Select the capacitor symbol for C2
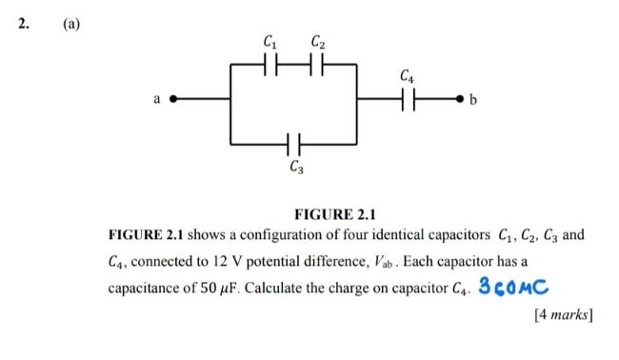[x=319, y=66]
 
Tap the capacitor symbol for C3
[x=294, y=145]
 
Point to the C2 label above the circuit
[x=319, y=41]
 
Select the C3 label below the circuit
[x=297, y=170]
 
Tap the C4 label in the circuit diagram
[x=408, y=74]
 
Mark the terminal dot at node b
[x=464, y=98]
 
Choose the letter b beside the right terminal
[x=478, y=98]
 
